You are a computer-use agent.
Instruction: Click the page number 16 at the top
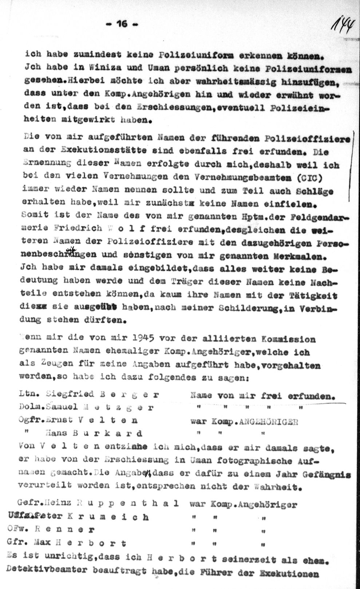point(122,24)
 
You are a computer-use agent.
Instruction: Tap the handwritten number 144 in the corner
point(343,26)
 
